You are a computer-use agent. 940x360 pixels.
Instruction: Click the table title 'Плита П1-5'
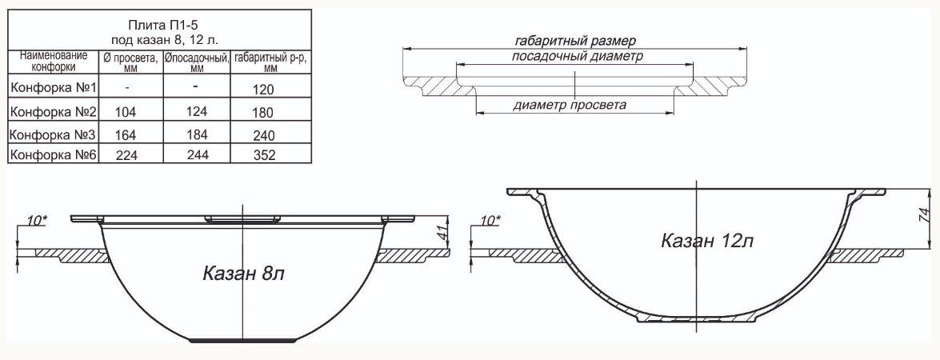(x=159, y=25)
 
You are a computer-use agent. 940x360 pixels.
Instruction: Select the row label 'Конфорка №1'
(x=54, y=87)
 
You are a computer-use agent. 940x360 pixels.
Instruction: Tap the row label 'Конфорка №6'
(x=54, y=154)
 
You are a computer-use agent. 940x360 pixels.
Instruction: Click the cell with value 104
(x=126, y=112)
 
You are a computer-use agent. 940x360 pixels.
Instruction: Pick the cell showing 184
(x=198, y=134)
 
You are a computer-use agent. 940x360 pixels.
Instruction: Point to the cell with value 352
(x=264, y=155)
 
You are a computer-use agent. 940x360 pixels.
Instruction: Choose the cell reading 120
(x=263, y=90)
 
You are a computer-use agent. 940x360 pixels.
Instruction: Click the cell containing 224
(x=126, y=155)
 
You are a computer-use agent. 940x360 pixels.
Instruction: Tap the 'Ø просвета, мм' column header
(x=130, y=62)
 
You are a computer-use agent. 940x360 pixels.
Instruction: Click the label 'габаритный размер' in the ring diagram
(x=575, y=41)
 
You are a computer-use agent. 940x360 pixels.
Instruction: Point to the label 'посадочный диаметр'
(x=578, y=56)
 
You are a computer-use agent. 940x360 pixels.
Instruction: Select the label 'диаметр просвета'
(x=570, y=106)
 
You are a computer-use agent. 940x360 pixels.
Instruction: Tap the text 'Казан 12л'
(x=707, y=241)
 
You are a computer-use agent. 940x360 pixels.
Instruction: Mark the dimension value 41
(x=444, y=234)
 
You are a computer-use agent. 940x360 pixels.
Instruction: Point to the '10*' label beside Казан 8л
(x=37, y=221)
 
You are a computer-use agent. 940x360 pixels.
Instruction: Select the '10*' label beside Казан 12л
(x=490, y=221)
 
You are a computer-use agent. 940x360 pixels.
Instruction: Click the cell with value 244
(x=198, y=155)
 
